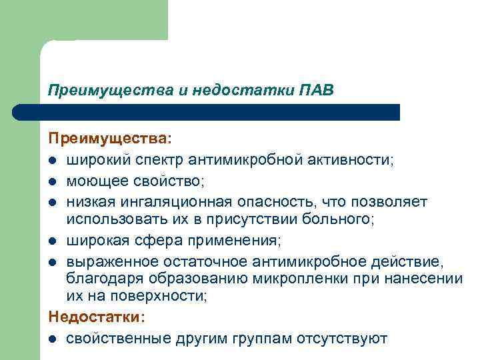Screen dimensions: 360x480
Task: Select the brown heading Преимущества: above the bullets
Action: [x=109, y=139]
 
